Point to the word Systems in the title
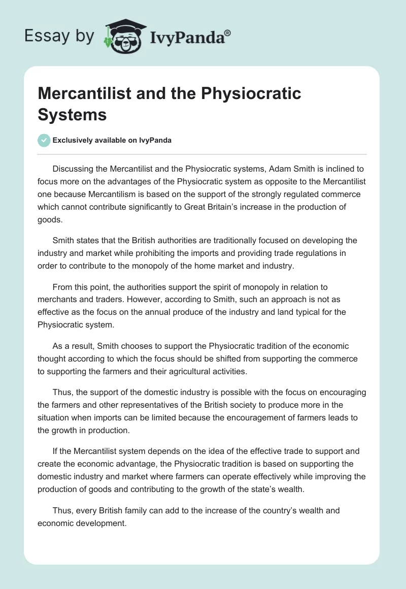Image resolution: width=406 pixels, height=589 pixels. point(72,114)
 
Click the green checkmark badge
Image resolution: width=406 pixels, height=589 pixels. point(44,140)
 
